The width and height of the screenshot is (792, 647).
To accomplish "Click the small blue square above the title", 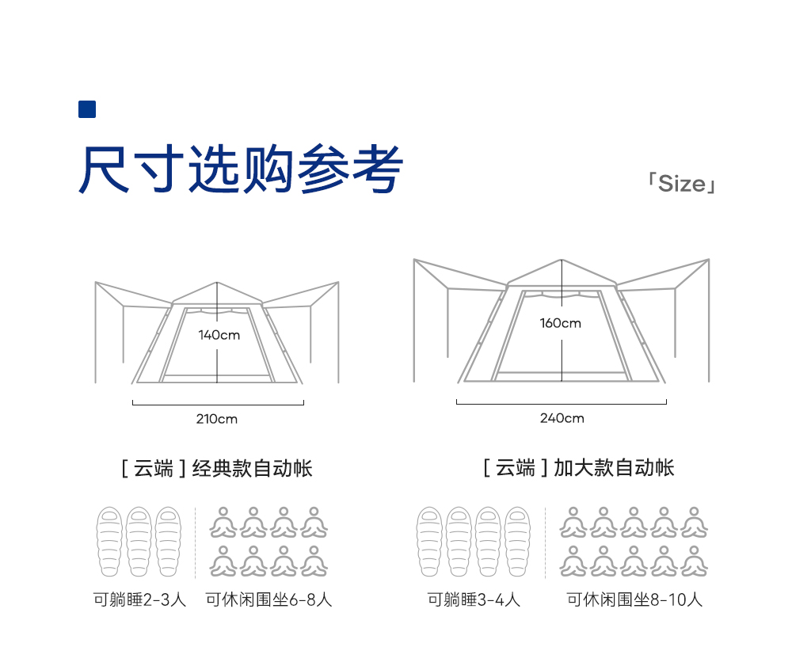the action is pos(87,109).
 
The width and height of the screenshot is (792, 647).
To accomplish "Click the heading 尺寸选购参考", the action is pos(241,169).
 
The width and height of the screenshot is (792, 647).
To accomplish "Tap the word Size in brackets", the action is pos(681,184).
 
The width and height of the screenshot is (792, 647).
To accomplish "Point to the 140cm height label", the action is pos(219,335).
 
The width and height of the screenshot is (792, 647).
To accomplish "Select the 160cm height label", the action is pos(560,323).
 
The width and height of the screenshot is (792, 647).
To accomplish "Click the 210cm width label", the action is pos(217,419).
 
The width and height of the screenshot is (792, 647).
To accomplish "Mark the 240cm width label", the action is pos(562,418).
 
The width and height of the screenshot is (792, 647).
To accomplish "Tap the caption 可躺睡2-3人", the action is pos(139,599).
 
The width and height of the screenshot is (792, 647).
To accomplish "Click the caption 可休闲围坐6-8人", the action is pos(268,599).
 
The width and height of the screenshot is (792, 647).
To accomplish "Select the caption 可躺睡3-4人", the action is pos(474,599).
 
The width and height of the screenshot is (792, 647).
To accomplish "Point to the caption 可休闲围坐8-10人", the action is pos(634,599).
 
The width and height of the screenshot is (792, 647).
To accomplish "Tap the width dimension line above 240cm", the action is pos(561,404).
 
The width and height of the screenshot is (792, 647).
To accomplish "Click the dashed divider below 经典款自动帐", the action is pos(196,542).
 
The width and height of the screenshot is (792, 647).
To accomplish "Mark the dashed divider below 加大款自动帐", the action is pos(546,542).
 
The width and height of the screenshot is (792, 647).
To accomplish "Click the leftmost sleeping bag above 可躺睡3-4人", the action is pos(429,542).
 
